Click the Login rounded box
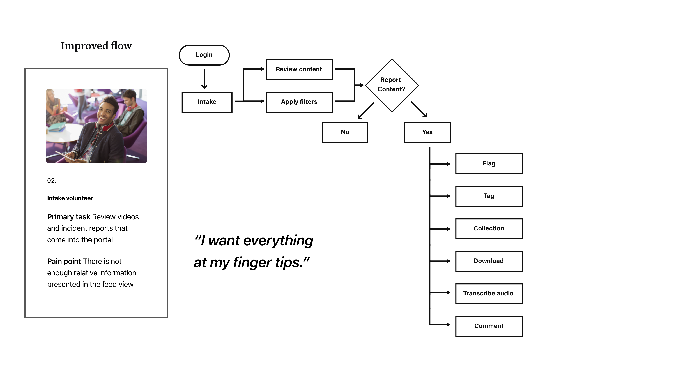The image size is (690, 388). (204, 55)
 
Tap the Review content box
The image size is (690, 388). (299, 69)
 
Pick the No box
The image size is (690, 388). (345, 132)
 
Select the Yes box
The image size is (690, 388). (427, 132)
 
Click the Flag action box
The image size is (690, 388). (489, 164)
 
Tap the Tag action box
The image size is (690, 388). (489, 196)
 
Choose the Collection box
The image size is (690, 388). (489, 229)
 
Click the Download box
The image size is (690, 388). (489, 261)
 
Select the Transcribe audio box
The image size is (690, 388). (489, 294)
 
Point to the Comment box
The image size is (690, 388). (489, 326)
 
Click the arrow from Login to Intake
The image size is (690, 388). (204, 79)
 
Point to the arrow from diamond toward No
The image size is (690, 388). (366, 111)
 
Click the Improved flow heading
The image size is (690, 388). (96, 46)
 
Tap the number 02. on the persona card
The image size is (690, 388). (52, 181)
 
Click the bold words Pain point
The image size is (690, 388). (64, 261)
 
